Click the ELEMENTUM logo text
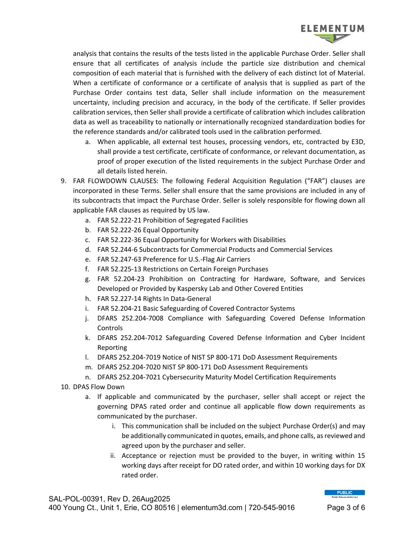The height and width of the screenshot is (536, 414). click(x=333, y=29)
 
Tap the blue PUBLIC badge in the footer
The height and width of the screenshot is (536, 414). click(x=345, y=493)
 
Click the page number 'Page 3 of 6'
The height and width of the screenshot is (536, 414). click(x=346, y=508)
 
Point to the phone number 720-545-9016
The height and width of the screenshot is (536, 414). click(x=271, y=508)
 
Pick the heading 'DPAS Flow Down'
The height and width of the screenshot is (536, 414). click(x=99, y=387)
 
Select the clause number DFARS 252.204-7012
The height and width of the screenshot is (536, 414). click(x=130, y=338)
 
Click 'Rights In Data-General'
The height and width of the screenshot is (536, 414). click(x=177, y=299)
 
